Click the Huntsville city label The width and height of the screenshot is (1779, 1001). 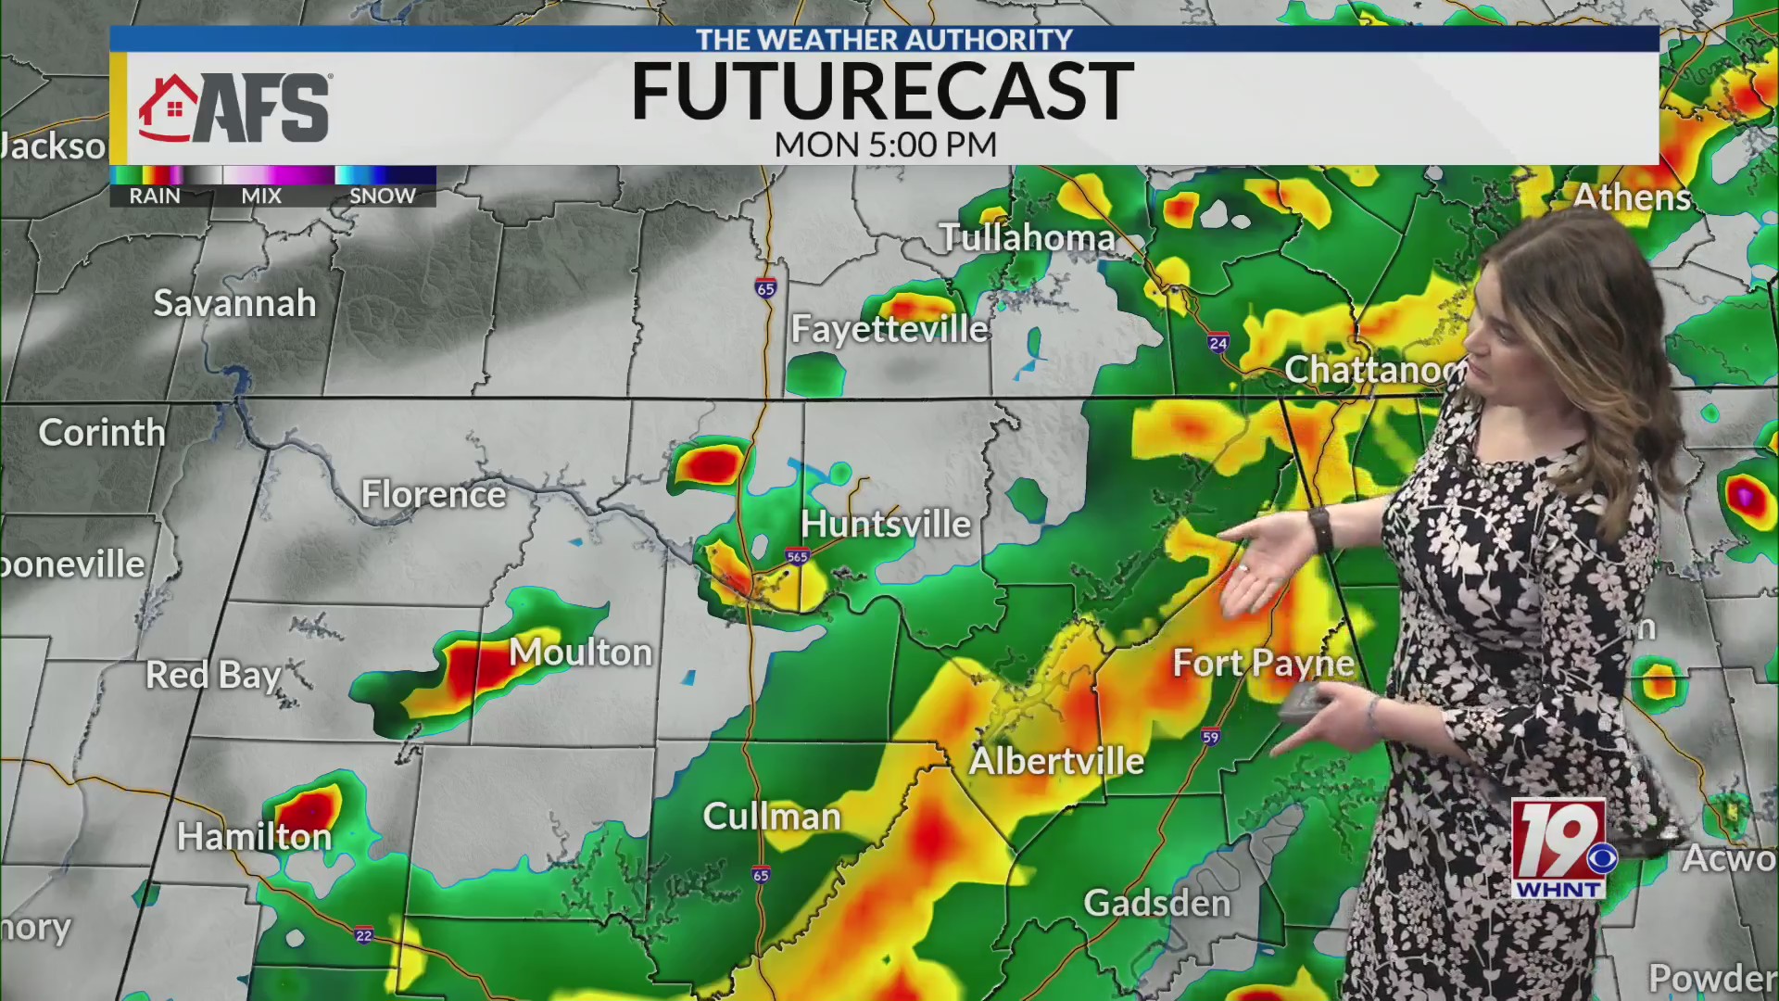[x=885, y=525]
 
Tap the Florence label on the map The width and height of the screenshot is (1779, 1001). [x=433, y=494]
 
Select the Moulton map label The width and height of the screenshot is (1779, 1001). [x=581, y=653]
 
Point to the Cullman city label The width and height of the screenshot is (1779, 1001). [x=772, y=817]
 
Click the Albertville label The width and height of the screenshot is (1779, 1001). [x=1056, y=761]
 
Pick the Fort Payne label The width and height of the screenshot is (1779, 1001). [x=1263, y=664]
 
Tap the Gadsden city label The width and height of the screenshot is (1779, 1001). [x=1156, y=903]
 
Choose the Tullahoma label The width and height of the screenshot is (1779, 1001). [x=1027, y=237]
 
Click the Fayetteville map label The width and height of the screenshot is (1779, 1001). [x=889, y=329]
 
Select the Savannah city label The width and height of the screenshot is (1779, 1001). [x=234, y=303]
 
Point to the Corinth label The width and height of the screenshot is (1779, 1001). [x=102, y=432]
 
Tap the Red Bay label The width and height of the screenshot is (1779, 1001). [x=213, y=676]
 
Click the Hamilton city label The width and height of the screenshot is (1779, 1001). [x=254, y=837]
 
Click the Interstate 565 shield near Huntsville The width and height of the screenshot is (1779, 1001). [x=797, y=556]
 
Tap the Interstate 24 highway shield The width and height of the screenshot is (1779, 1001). [x=1218, y=344]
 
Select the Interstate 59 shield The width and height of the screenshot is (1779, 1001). [x=1210, y=737]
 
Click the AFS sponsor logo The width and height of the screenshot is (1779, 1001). [x=234, y=108]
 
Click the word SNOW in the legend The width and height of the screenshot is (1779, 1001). [x=382, y=196]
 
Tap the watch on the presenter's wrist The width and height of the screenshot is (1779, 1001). [x=1320, y=529]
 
